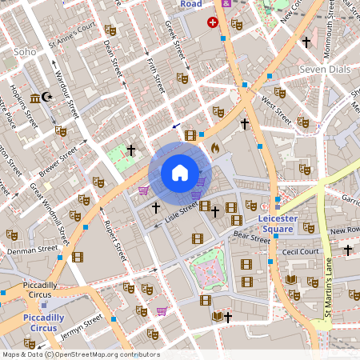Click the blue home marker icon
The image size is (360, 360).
[x=180, y=173]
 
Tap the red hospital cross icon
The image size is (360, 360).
[x=212, y=22]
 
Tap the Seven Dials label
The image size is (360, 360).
[x=325, y=70]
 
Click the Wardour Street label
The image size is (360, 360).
[x=69, y=93]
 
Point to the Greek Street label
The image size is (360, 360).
[x=174, y=41]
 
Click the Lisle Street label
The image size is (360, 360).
[x=181, y=212]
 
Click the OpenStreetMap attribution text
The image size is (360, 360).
[x=80, y=354]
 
